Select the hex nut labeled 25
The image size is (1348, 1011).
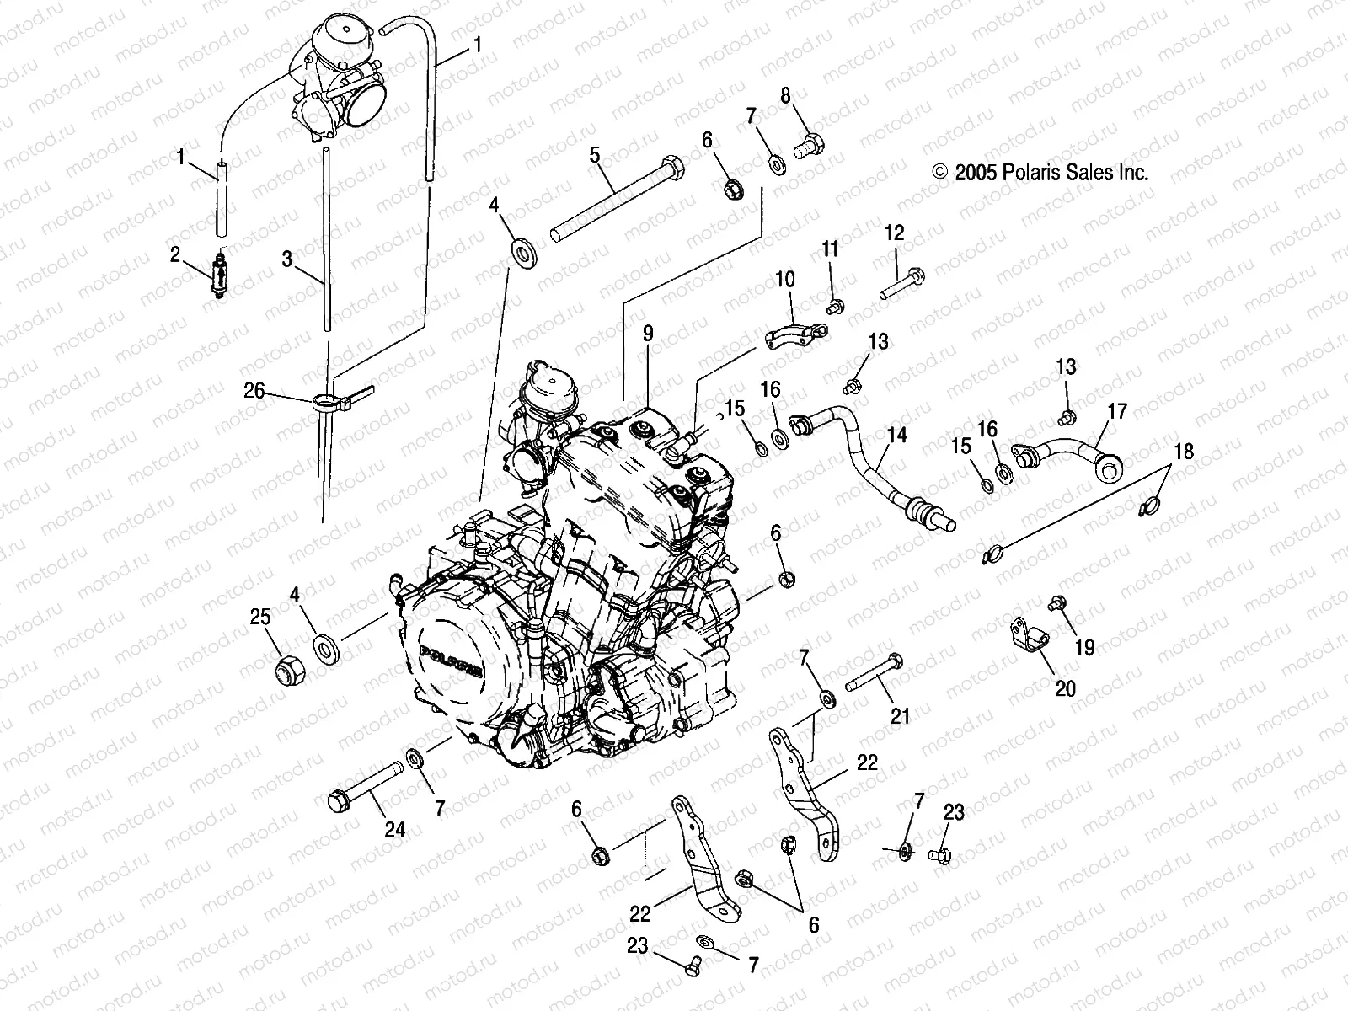tap(289, 669)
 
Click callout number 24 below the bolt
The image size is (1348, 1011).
tap(394, 830)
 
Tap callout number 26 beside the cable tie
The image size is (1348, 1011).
tap(254, 390)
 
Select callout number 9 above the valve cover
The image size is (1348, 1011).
tap(648, 334)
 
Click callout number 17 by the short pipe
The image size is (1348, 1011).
tap(1117, 412)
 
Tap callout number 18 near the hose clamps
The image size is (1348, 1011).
tap(1184, 452)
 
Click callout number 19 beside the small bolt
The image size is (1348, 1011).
tap(1085, 647)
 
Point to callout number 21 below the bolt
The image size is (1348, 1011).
tap(901, 716)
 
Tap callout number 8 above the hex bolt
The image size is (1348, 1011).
tap(785, 95)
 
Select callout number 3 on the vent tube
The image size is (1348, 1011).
tap(287, 259)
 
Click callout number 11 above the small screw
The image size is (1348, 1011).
tap(831, 249)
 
